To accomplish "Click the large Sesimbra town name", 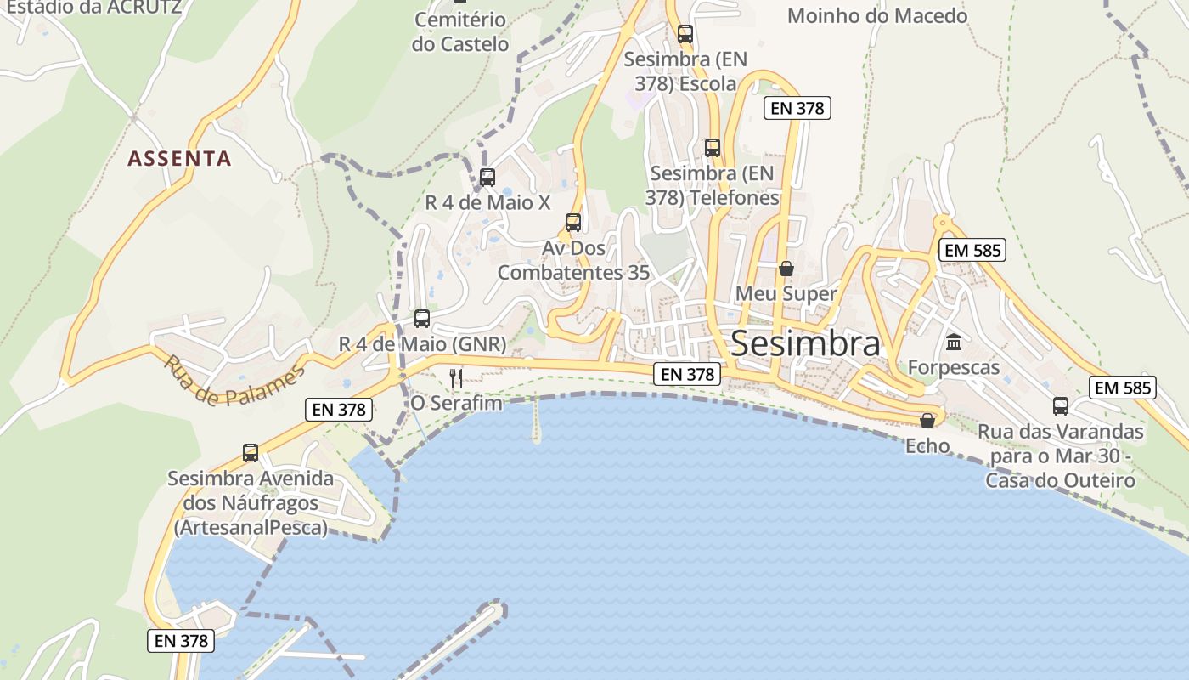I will (805, 344).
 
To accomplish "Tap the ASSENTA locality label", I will (179, 158).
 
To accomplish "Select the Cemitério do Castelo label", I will (460, 31).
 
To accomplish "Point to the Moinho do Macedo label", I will (877, 15).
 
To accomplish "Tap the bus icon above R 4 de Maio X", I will (487, 178).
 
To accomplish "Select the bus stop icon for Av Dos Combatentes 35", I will (573, 223).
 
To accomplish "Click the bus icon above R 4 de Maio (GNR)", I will (422, 319).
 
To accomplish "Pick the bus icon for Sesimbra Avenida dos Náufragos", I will (251, 453).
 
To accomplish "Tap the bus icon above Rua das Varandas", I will (1061, 406).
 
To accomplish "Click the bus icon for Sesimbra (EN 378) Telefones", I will (713, 148).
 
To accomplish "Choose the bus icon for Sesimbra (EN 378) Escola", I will (685, 34).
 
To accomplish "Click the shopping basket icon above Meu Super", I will (786, 269).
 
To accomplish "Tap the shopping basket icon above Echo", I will (927, 421).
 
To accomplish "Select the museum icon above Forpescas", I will (953, 343).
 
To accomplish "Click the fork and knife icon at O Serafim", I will (456, 377).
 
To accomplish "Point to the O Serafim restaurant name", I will (456, 402).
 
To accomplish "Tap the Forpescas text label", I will (954, 367).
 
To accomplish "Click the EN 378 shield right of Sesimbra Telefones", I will (797, 108).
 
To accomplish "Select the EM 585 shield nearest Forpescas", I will (972, 250).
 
